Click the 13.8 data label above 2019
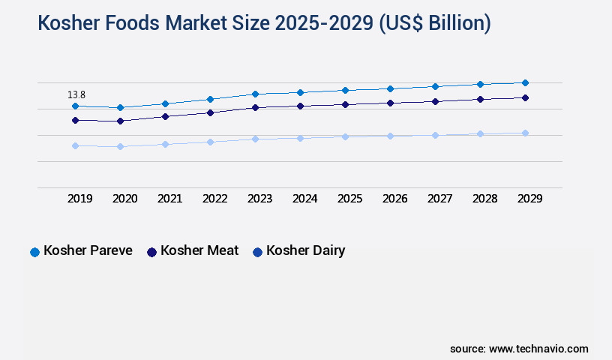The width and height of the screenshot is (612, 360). coord(76,95)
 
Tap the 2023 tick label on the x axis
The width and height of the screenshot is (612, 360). coord(260,199)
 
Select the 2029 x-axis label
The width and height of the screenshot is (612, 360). coord(529,199)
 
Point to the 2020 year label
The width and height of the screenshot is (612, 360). coord(125,199)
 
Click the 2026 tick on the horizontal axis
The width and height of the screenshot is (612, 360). coord(394,199)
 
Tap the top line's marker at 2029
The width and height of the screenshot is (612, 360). coord(525,82)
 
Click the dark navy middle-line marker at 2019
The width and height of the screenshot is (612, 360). coord(75,120)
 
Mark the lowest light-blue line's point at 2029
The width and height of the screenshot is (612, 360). coord(525,133)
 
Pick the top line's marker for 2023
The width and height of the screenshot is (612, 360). coord(255,94)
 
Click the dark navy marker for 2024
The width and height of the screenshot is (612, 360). coord(300,106)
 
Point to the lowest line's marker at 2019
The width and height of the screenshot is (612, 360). coord(75,145)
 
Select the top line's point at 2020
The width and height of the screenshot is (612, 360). coord(120,107)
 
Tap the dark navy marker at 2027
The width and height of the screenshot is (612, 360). coord(435,101)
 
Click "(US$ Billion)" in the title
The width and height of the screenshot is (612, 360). coord(434,24)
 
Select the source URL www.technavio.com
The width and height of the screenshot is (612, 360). coord(538,349)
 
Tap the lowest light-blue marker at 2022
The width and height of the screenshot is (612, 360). coord(210,142)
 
